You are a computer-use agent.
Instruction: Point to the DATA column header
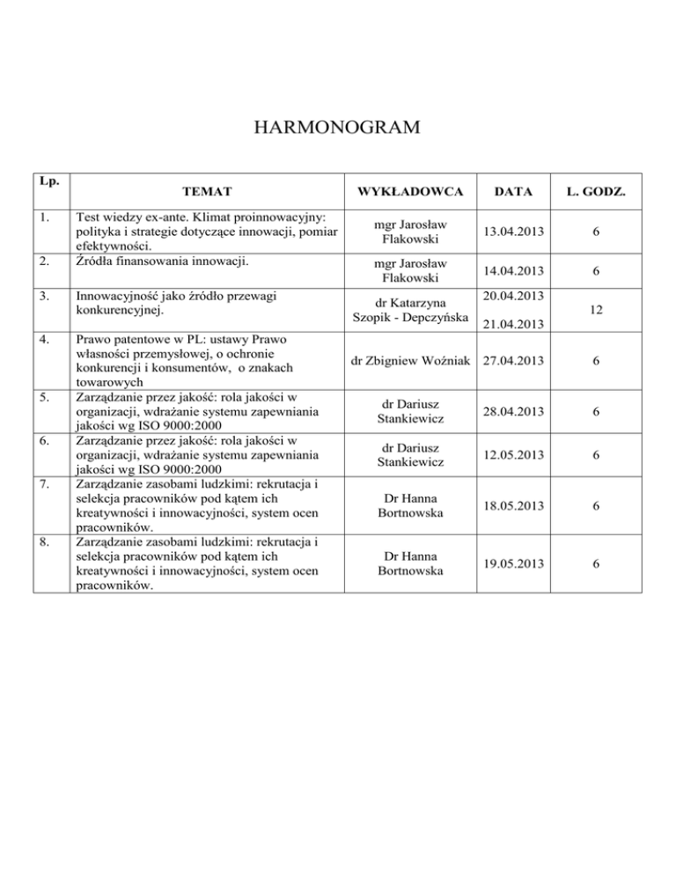coord(511,189)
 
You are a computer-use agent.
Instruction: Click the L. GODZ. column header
coord(598,189)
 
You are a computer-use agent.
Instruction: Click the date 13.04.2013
coord(511,231)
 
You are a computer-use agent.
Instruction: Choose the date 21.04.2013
coord(511,327)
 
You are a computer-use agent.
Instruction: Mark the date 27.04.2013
coord(511,359)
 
